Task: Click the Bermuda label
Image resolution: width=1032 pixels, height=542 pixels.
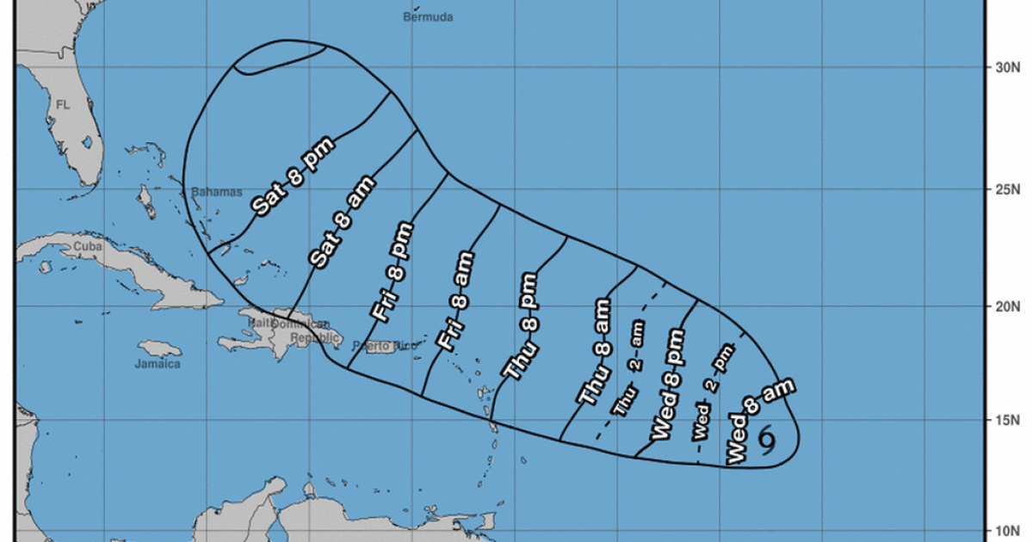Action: click(428, 16)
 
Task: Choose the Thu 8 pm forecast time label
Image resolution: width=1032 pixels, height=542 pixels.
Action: click(522, 326)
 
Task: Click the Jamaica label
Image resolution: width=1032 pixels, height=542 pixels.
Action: click(158, 364)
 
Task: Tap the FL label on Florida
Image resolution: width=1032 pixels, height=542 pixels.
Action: click(62, 104)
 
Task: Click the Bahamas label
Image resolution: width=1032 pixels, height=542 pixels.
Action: click(217, 192)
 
